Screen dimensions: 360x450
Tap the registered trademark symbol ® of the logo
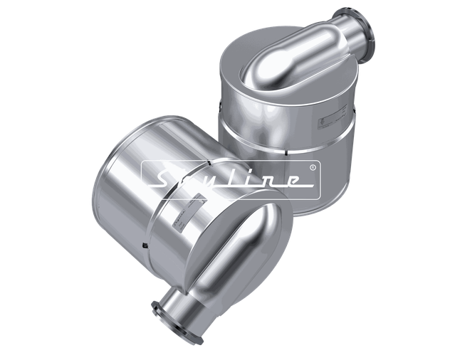click(x=312, y=168)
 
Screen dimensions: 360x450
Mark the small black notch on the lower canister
click(x=145, y=246)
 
